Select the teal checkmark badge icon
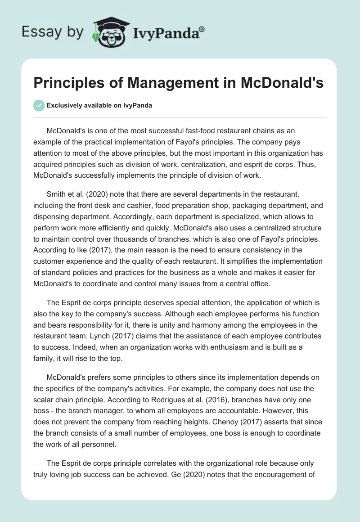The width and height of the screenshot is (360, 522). [39, 105]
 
